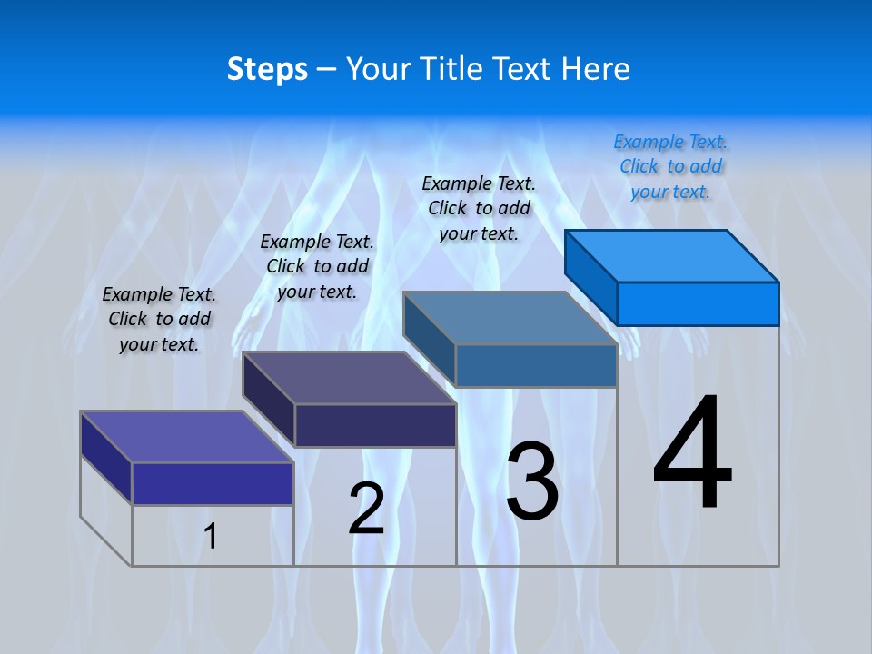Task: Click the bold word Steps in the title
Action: tap(267, 69)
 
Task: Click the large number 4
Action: tap(692, 454)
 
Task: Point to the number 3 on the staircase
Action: tap(532, 481)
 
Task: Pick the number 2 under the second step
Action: tap(366, 509)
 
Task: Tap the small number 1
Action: tap(211, 536)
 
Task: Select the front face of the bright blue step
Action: tap(698, 303)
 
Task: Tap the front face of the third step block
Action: tap(536, 365)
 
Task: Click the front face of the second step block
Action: tap(374, 425)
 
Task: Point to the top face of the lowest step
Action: tap(187, 437)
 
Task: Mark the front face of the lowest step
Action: tap(213, 483)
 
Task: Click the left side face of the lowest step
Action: tap(106, 458)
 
